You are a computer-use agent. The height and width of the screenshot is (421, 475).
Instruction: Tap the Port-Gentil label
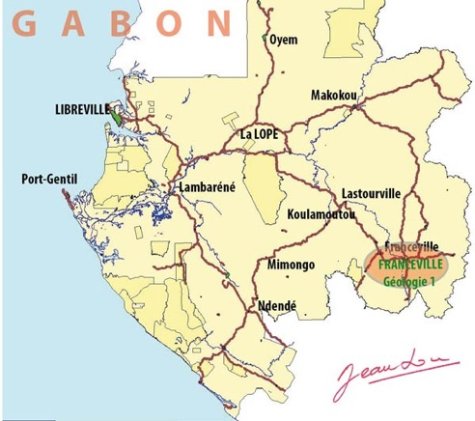(x=48, y=178)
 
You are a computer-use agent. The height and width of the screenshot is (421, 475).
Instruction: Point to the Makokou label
(x=334, y=96)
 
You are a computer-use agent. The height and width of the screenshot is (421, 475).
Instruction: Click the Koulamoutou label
(x=321, y=214)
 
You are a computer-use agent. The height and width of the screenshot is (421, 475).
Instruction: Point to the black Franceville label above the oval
(x=412, y=246)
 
